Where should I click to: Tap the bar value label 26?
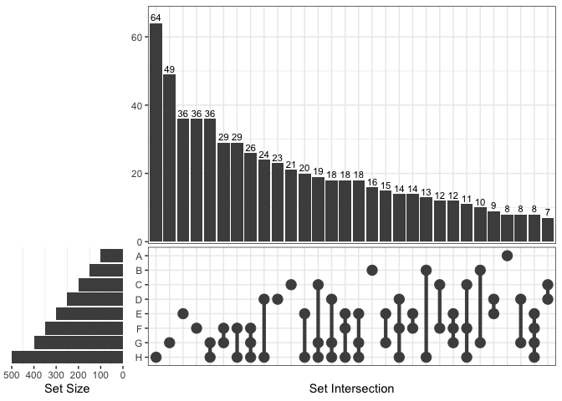click(251, 148)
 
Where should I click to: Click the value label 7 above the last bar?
click(548, 212)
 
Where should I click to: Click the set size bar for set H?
click(67, 358)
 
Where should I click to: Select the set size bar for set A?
click(111, 256)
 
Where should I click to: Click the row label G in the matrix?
click(138, 343)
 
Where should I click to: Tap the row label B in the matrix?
click(138, 270)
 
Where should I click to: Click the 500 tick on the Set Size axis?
click(12, 375)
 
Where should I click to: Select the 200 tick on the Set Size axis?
click(79, 375)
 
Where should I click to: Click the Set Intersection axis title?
click(351, 389)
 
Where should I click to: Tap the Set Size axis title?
click(66, 389)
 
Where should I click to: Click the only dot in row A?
click(507, 255)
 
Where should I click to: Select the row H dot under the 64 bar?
click(156, 358)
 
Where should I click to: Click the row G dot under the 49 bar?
click(170, 343)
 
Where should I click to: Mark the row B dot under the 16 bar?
click(372, 270)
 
